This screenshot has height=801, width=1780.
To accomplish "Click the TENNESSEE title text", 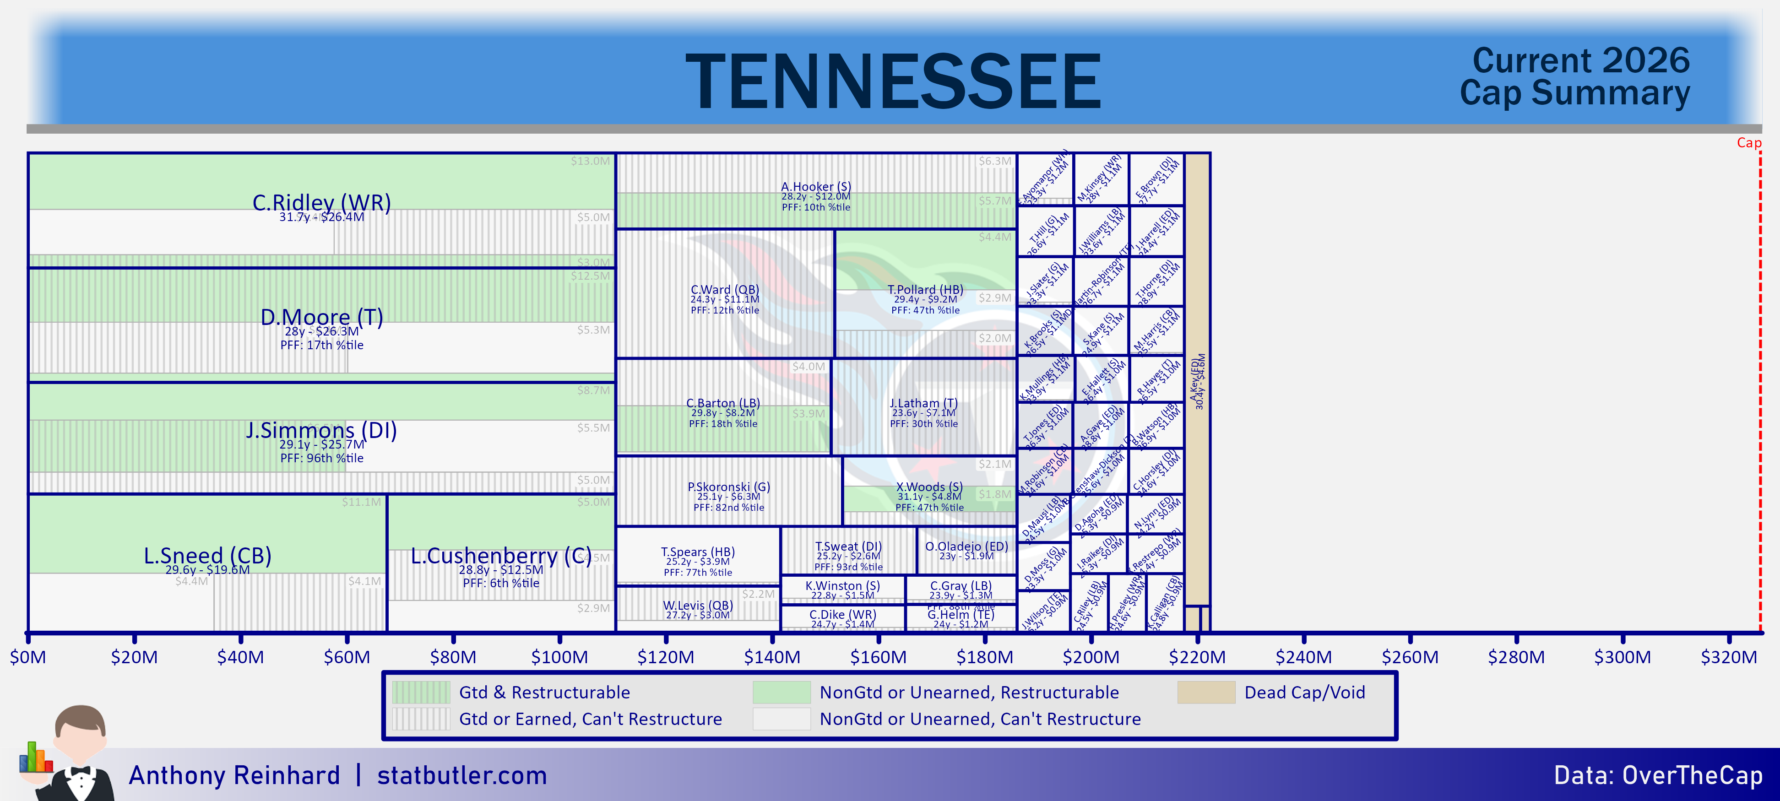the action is point(893,81).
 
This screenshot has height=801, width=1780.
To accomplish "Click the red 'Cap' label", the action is point(1749,143).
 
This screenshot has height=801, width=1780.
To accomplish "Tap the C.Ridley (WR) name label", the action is point(321,202).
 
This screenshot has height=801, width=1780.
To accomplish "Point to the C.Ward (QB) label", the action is point(725,290).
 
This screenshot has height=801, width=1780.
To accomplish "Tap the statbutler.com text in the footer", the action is point(461,775).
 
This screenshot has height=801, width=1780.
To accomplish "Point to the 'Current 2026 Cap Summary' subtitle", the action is point(1575,77).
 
